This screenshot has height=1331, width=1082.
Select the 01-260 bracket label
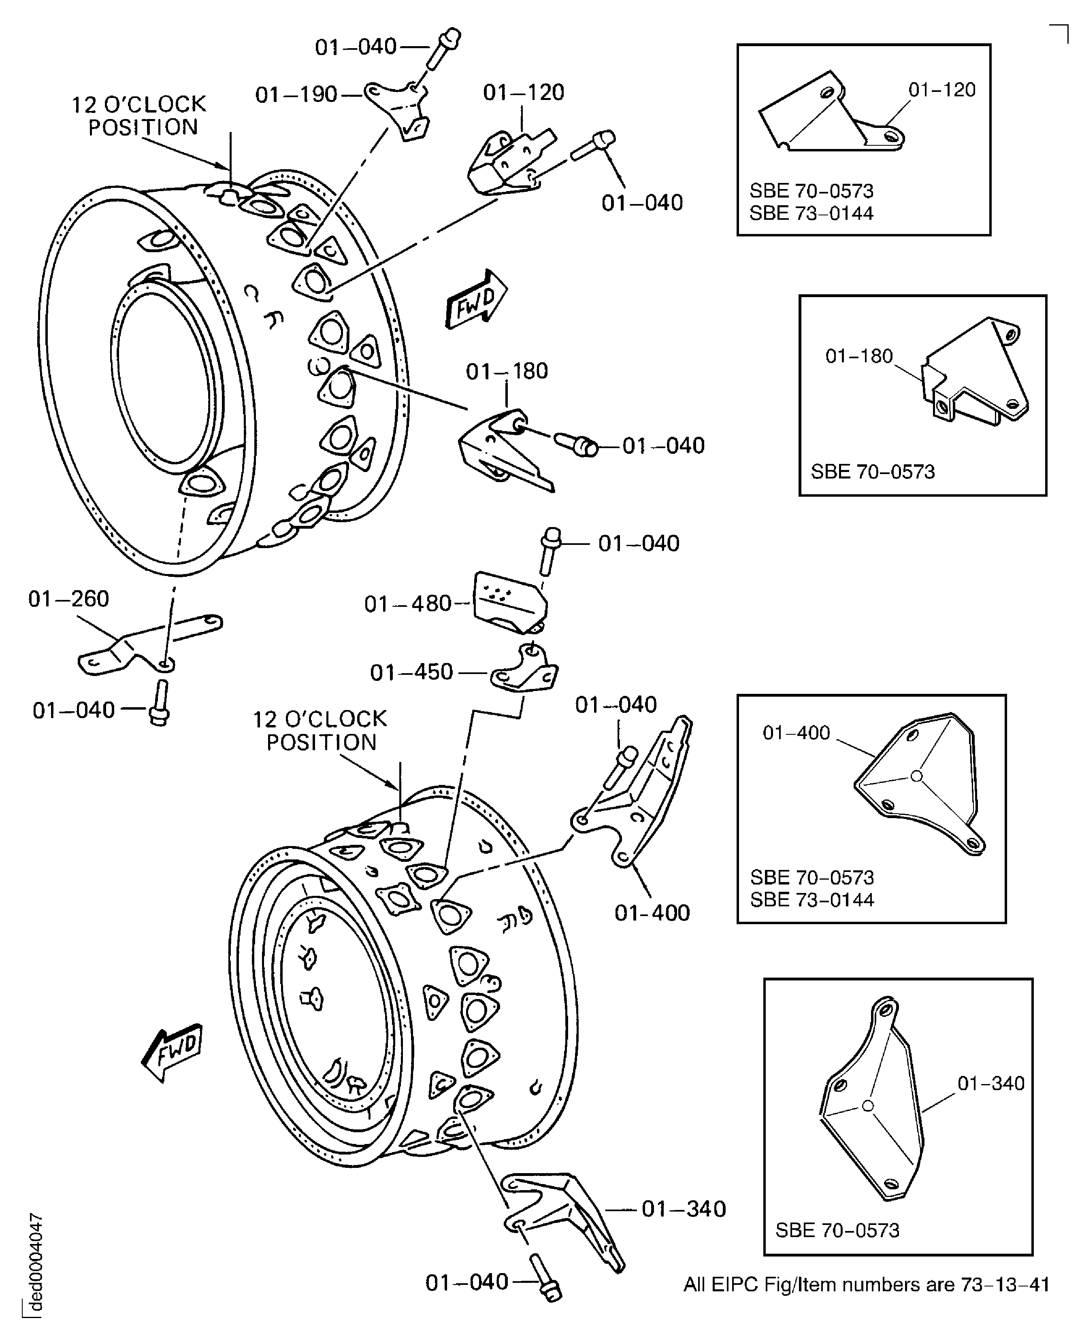[68, 599]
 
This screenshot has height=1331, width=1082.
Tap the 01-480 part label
[408, 604]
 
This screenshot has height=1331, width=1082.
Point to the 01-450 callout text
[411, 672]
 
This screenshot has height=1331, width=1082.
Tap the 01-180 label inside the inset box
[859, 356]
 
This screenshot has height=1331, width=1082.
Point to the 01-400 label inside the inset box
[796, 732]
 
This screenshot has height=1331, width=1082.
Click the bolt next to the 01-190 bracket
[443, 49]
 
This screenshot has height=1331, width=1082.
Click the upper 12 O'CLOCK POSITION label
[138, 115]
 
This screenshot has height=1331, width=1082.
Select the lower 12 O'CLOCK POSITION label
[320, 730]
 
